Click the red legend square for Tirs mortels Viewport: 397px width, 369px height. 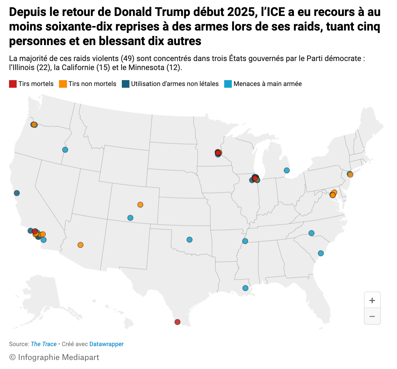pos(13,84)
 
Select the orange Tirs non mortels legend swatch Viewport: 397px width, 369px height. pos(63,84)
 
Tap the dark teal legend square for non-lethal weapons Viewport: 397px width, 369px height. pos(125,84)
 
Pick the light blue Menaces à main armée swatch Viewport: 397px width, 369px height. pos(228,84)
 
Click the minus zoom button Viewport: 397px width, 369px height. pos(372,316)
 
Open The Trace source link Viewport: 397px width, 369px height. pos(44,344)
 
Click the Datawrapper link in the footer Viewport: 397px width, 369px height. pos(107,344)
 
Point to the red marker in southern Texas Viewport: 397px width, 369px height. pos(177,322)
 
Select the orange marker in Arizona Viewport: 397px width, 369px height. pos(81,245)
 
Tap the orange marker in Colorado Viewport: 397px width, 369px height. pos(140,205)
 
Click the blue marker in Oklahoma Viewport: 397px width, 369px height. pos(189,240)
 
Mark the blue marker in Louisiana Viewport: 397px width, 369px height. pos(245,288)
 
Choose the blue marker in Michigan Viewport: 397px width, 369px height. pos(287,170)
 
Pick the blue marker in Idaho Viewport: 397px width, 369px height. pos(65,150)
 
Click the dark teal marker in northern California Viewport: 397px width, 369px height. pos(17,193)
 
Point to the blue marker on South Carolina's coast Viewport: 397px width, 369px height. pos(321,253)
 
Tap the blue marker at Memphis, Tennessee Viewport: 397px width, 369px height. pos(245,241)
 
